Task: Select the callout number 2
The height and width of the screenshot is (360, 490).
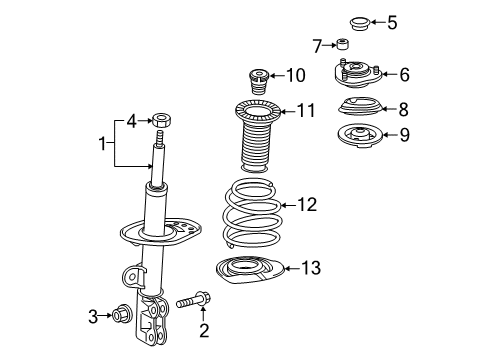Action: point(203,329)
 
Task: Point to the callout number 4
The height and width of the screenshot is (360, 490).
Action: point(131,122)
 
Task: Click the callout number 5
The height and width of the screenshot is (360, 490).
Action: point(391,20)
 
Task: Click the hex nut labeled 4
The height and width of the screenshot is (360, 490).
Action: point(163,122)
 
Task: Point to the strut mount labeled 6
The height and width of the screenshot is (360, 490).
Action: point(359,75)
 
